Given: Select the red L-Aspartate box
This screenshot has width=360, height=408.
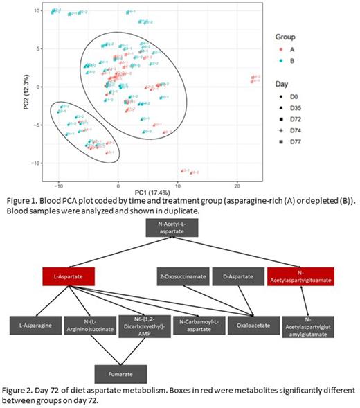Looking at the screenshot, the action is click(69, 276).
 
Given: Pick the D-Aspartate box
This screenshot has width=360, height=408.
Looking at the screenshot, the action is click(237, 276).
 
